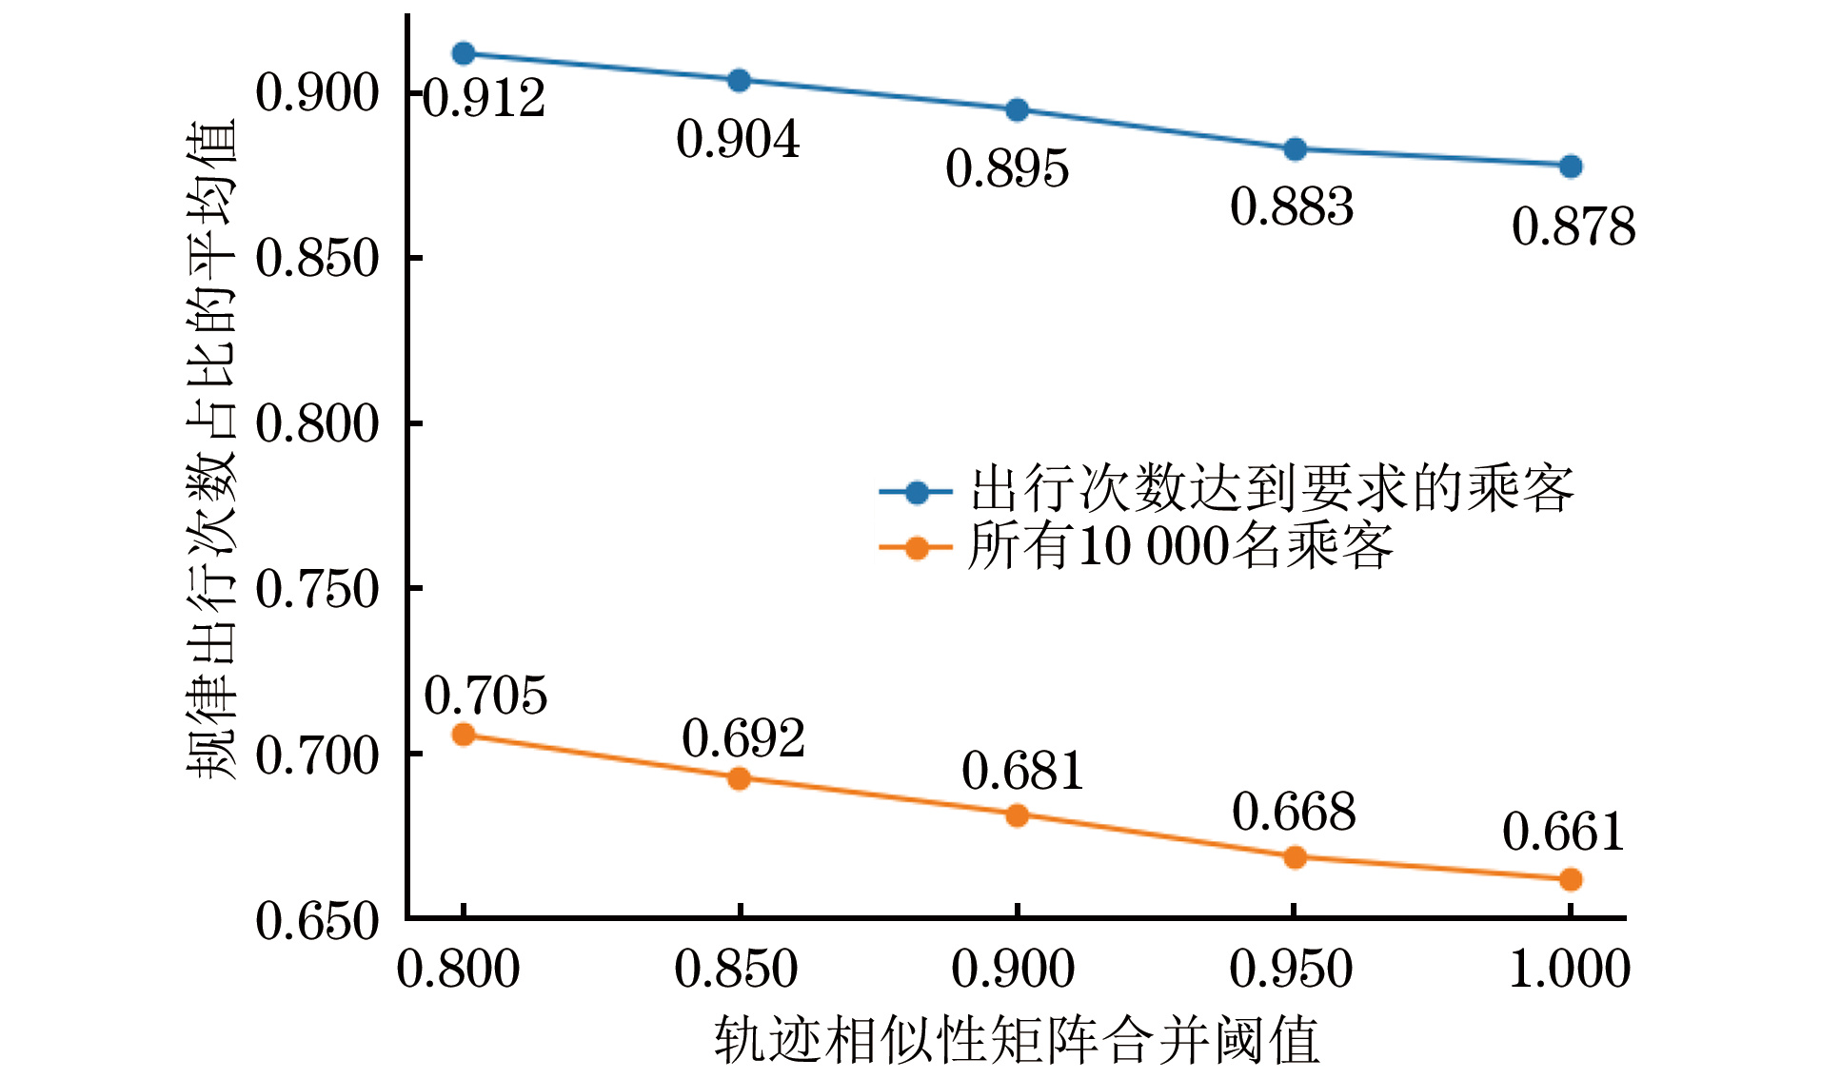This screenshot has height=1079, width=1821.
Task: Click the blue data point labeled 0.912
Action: (x=464, y=53)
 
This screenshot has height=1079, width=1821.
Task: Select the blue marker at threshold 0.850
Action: (x=739, y=80)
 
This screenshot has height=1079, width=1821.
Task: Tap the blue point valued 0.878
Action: (x=1571, y=167)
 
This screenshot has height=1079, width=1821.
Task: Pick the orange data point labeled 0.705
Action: (x=464, y=734)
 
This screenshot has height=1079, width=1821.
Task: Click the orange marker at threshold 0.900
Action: (x=1017, y=815)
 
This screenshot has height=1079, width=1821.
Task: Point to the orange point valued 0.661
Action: (x=1571, y=879)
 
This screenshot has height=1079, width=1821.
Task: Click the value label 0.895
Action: (x=1007, y=169)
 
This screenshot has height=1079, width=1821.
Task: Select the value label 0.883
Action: (x=1292, y=207)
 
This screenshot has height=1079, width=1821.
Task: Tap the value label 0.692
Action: (x=743, y=738)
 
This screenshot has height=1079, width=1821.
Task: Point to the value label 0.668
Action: (x=1294, y=813)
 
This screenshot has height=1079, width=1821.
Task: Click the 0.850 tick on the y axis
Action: (x=317, y=259)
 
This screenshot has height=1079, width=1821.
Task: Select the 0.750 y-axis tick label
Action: (x=317, y=590)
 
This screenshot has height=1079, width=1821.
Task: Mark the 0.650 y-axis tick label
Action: (x=317, y=921)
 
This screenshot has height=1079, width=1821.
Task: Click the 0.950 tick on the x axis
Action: (x=1292, y=970)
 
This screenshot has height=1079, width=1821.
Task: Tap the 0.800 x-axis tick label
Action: (x=458, y=970)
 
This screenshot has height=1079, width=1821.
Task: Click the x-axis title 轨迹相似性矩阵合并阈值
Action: (x=1017, y=1039)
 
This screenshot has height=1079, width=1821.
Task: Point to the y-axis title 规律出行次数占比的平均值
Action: (x=211, y=449)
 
